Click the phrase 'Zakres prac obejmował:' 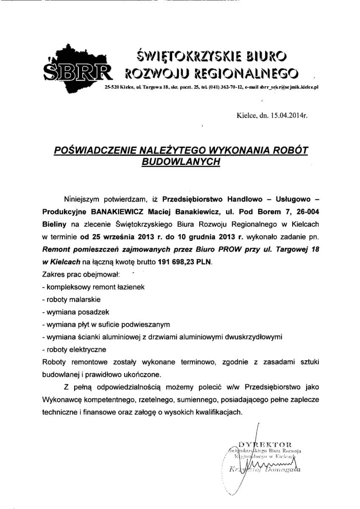tap(81, 274)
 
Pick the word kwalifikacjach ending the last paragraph tap(218, 412)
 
